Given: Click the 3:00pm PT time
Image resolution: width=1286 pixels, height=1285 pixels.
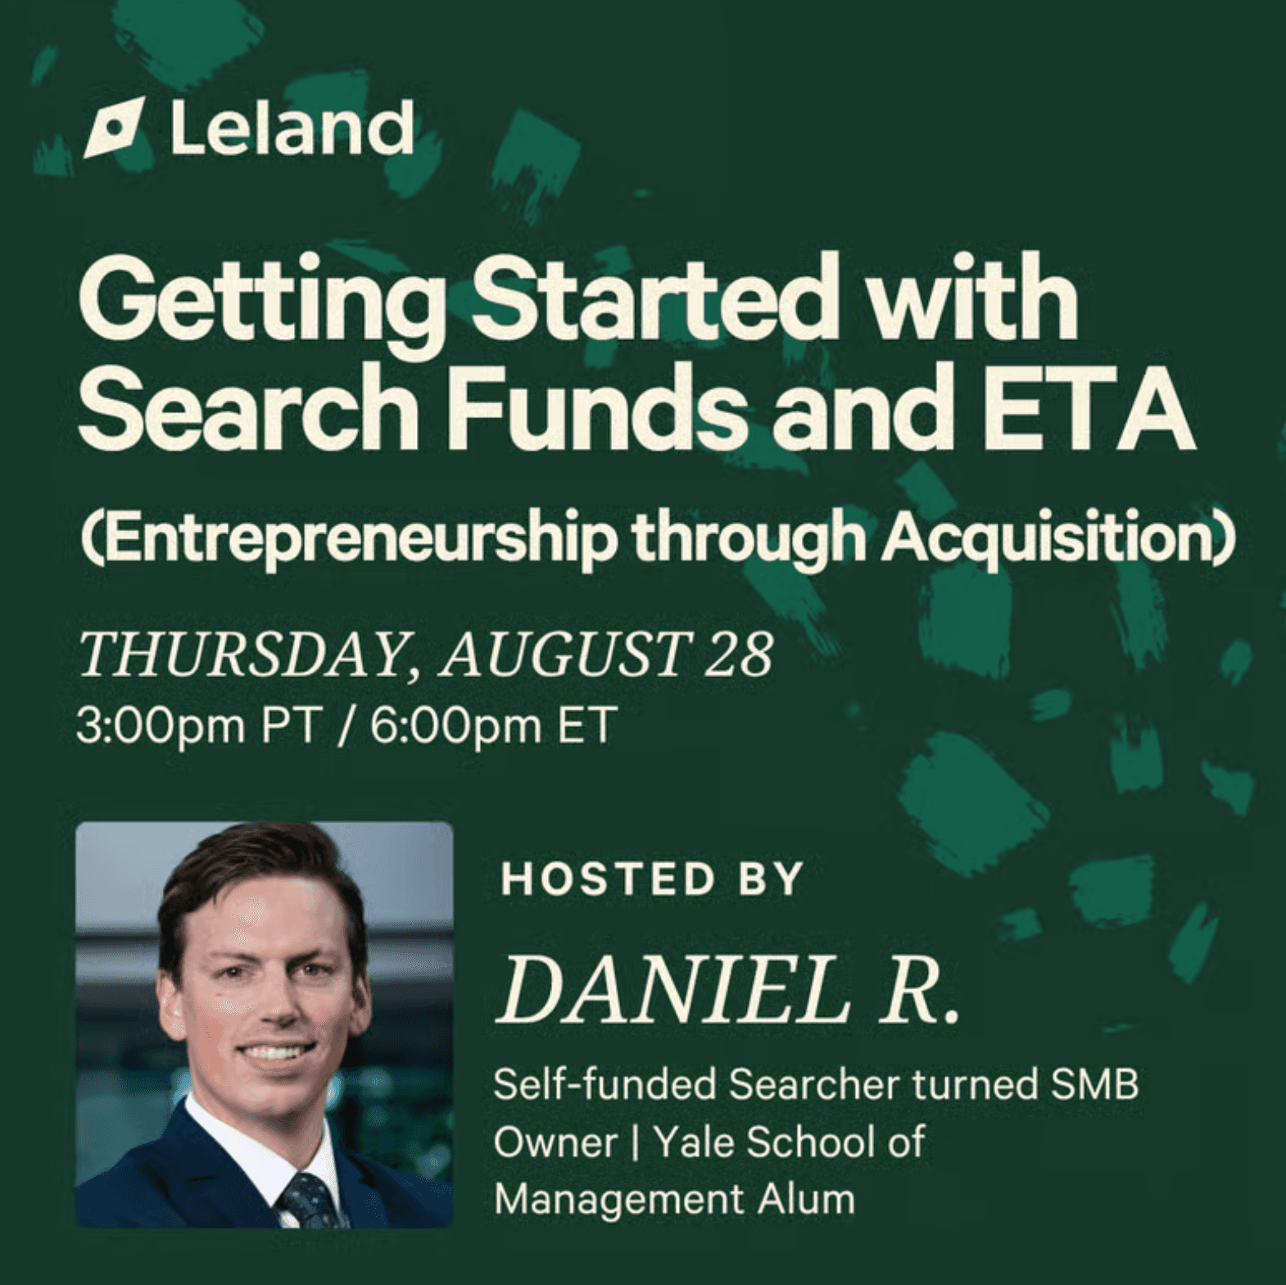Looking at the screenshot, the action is (197, 725).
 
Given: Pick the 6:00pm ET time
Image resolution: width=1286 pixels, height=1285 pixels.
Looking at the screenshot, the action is (491, 724).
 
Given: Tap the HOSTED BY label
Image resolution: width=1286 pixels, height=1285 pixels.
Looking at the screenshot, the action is (651, 879).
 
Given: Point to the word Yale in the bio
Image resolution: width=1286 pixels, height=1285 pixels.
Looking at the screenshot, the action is (695, 1142).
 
